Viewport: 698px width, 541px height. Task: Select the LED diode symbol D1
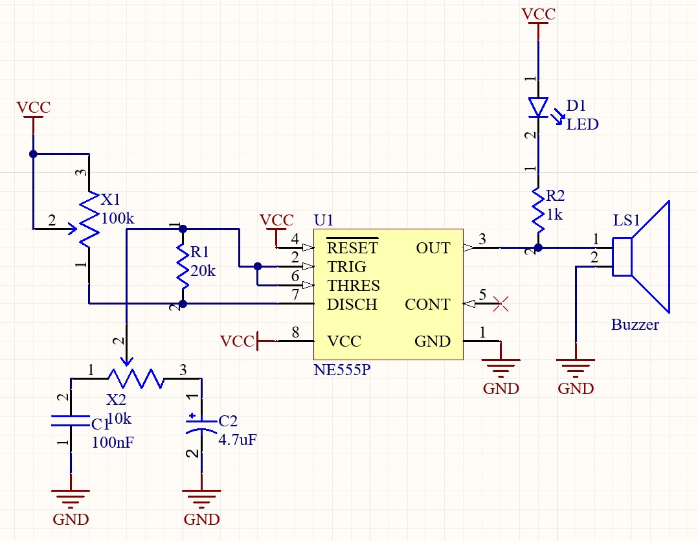[537, 108]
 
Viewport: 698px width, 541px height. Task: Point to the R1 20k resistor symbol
[183, 266]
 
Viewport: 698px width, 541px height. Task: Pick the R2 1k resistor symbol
[537, 209]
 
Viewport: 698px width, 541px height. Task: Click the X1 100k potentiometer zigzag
[89, 220]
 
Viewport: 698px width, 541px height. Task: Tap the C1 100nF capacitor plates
[71, 420]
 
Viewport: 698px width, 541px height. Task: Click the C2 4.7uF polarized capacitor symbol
[201, 424]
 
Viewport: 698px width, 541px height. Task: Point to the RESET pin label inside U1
[352, 247]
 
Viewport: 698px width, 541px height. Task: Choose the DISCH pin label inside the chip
[352, 305]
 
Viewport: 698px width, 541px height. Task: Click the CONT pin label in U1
[427, 305]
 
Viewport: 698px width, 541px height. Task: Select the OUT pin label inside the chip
[433, 248]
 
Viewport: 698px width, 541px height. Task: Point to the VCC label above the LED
[537, 14]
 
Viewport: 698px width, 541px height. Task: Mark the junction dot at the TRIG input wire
[258, 266]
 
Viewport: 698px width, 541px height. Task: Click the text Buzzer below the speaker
[635, 325]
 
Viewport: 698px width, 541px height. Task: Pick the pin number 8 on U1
[295, 333]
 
